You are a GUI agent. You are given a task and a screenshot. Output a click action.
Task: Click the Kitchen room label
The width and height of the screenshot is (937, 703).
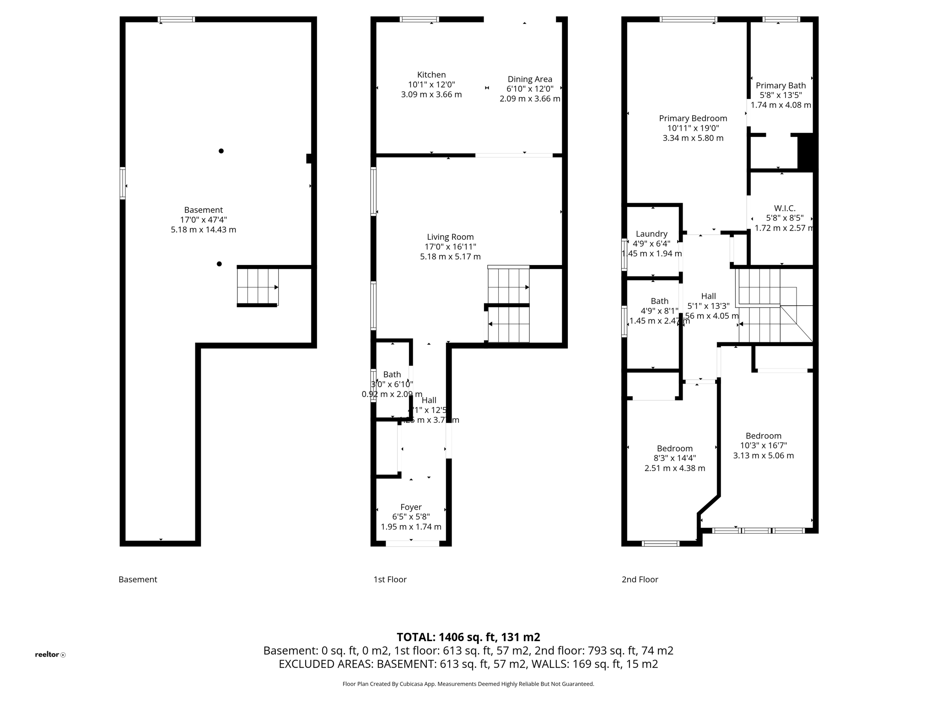(431, 75)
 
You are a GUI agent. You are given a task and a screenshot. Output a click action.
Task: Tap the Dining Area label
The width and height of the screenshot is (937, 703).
(529, 79)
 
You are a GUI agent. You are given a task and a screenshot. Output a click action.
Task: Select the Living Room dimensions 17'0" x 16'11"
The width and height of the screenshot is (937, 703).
(450, 247)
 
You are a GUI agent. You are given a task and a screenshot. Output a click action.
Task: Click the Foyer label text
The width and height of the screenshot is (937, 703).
(411, 507)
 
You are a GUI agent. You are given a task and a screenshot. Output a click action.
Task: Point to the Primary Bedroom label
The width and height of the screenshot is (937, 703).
(693, 118)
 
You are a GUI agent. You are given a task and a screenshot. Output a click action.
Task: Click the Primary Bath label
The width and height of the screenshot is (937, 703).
(781, 86)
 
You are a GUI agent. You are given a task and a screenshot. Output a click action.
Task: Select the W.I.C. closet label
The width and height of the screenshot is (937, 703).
(784, 208)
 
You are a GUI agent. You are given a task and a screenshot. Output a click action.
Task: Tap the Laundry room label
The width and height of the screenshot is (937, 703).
(652, 234)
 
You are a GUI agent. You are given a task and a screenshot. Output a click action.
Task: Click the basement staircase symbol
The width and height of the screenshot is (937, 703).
(258, 287)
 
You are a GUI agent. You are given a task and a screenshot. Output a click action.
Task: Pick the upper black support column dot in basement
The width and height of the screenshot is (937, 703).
(221, 151)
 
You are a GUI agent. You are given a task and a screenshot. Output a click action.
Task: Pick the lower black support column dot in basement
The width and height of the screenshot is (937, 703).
(219, 264)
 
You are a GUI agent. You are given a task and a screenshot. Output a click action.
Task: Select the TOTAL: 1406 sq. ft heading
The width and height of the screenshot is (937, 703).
(468, 637)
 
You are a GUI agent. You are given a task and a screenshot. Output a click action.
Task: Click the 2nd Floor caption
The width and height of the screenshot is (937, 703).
(640, 579)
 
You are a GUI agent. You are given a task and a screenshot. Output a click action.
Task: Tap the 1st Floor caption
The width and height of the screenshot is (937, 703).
(390, 579)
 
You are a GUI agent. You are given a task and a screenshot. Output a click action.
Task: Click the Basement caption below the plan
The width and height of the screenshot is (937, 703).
(138, 579)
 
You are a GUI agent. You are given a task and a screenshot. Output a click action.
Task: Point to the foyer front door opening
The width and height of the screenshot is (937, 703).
(412, 543)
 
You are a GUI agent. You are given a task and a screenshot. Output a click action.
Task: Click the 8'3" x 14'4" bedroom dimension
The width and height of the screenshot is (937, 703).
(674, 458)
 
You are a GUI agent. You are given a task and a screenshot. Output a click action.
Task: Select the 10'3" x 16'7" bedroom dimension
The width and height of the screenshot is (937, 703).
(763, 445)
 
